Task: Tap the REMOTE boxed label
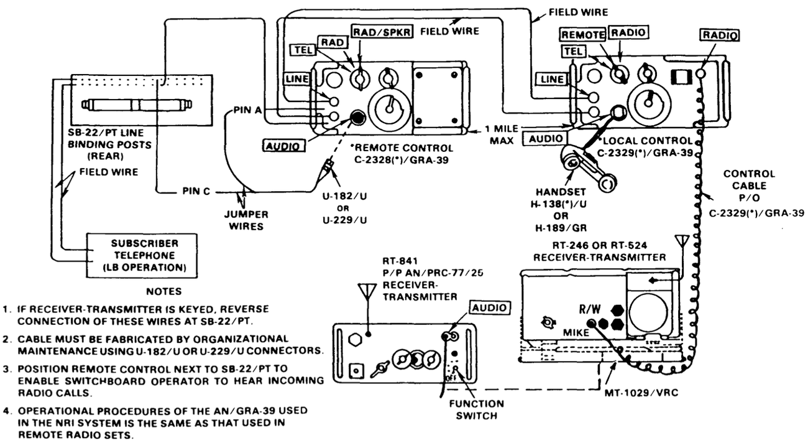point(582,35)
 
